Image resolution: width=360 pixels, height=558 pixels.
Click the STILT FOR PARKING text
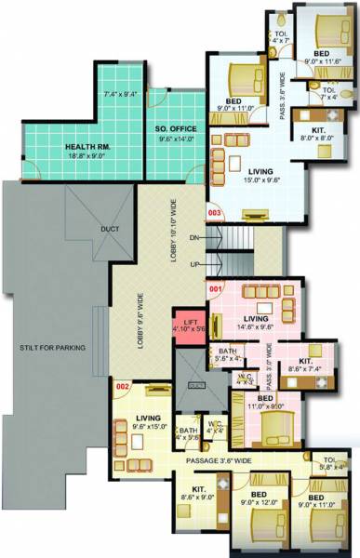[x=53, y=348]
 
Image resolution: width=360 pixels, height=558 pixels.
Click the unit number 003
[x=215, y=213]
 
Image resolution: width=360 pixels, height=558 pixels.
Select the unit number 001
[x=217, y=289]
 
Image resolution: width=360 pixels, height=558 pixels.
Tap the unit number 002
[x=122, y=385]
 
